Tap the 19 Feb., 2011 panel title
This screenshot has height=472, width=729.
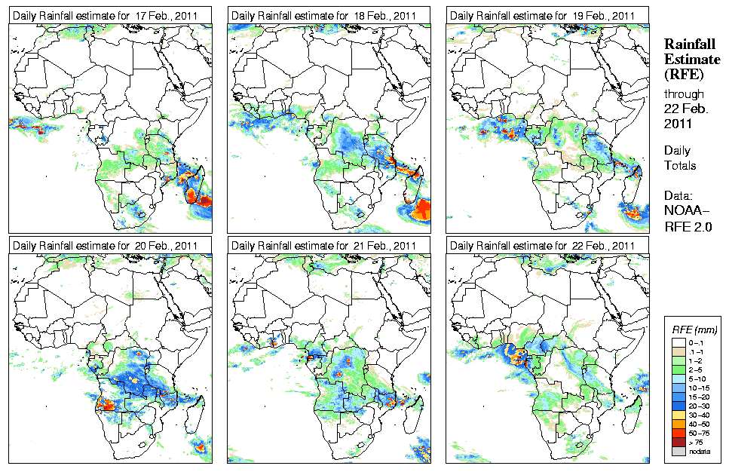541,16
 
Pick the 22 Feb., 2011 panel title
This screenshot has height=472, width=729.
541,246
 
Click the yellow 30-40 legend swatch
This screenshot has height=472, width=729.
677,414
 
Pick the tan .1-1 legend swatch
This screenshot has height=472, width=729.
677,351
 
